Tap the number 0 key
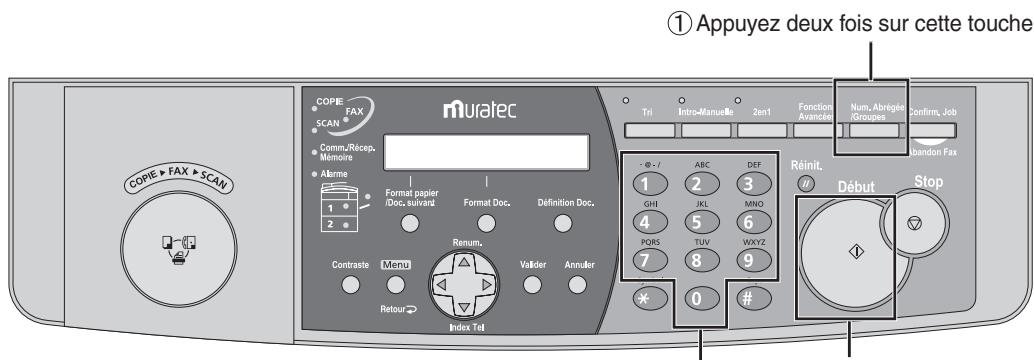(x=696, y=301)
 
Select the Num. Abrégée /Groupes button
(x=872, y=130)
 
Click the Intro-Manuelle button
(x=708, y=130)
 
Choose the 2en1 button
(x=763, y=130)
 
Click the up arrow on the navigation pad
(x=463, y=262)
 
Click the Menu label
(x=390, y=265)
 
